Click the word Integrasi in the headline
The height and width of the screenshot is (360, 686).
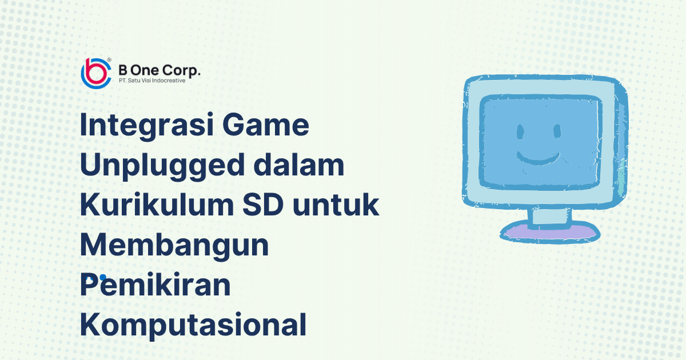(x=147, y=126)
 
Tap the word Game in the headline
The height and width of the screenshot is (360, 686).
(x=265, y=125)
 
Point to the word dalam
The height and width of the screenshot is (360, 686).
(x=299, y=165)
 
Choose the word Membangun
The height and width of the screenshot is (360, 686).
(x=174, y=245)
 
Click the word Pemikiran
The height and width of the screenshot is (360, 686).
(x=155, y=285)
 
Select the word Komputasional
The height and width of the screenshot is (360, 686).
(x=193, y=325)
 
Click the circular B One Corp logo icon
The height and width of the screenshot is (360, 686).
(x=96, y=74)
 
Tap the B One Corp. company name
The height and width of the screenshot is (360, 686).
(x=159, y=70)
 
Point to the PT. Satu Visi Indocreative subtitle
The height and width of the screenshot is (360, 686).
(x=152, y=81)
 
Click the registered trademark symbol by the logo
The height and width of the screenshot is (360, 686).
(x=109, y=59)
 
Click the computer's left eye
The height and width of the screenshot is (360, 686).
(x=520, y=131)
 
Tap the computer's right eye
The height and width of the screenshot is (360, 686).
(x=557, y=131)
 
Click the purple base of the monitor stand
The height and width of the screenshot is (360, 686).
(x=550, y=233)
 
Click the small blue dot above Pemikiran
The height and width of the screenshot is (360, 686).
(x=103, y=277)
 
